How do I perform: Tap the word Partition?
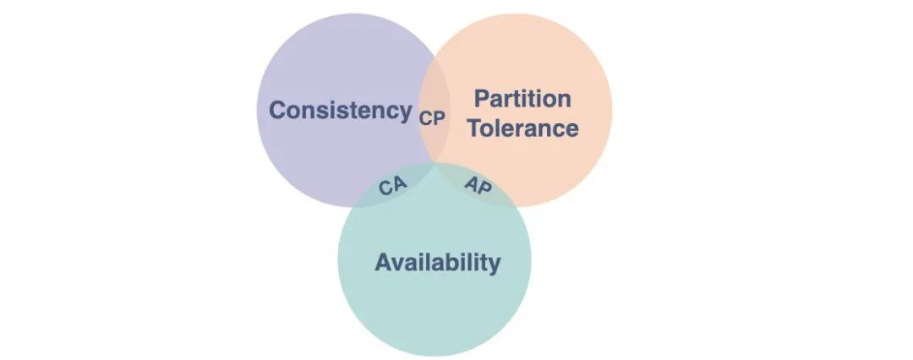(x=522, y=99)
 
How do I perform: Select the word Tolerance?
(x=523, y=129)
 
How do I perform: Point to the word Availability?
(x=437, y=262)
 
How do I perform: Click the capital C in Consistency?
(x=277, y=111)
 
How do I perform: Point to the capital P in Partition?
(x=481, y=99)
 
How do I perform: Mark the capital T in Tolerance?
(x=476, y=129)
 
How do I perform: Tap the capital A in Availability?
(x=383, y=262)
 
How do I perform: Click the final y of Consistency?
(x=404, y=113)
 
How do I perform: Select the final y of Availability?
(x=494, y=265)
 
